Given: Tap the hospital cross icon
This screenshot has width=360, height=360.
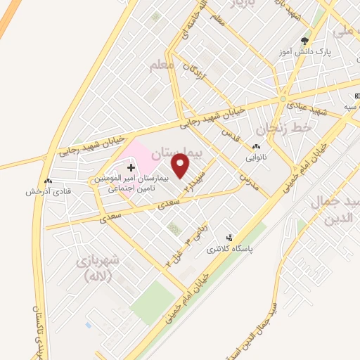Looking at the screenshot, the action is click(x=131, y=167).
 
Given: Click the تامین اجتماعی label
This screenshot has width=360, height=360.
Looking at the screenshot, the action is click(x=132, y=189).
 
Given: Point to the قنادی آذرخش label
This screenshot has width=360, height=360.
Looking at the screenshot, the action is click(x=47, y=191).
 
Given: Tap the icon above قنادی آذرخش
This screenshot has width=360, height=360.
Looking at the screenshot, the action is click(x=47, y=181).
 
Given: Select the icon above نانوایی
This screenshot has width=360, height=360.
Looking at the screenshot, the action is click(x=255, y=147).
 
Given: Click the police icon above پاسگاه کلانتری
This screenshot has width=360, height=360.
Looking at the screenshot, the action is click(x=228, y=238).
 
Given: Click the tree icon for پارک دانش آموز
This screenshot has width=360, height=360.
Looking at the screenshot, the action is click(x=304, y=41).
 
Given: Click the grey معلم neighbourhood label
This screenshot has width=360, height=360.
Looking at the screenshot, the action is click(x=160, y=65).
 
